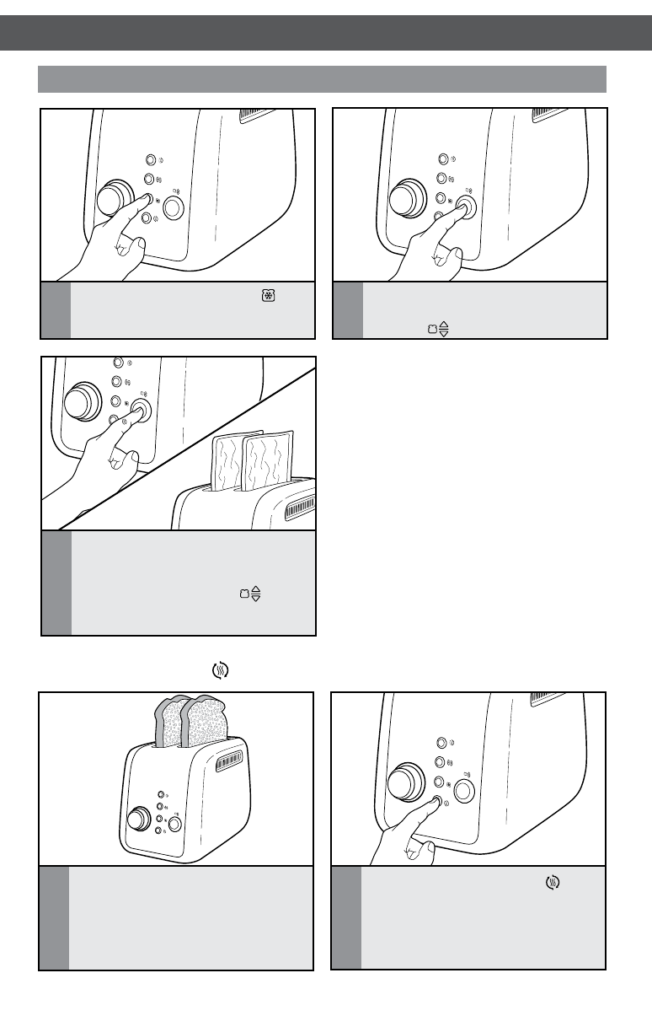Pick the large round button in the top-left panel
click(172, 207)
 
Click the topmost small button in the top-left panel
click(150, 159)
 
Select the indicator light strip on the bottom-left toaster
click(230, 762)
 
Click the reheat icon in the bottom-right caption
click(553, 882)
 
